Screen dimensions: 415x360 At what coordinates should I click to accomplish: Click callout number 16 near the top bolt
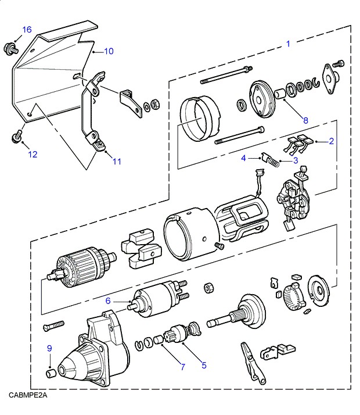(x=27, y=30)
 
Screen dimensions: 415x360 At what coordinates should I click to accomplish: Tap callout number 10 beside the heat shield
(x=109, y=51)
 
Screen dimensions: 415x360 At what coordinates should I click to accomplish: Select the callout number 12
(x=32, y=154)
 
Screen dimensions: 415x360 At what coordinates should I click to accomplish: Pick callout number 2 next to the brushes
(x=331, y=141)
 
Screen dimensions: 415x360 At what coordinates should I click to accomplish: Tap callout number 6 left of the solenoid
(x=108, y=300)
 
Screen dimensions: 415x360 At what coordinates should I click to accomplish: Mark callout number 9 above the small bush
(x=49, y=348)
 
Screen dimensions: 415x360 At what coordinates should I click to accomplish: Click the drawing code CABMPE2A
(x=27, y=395)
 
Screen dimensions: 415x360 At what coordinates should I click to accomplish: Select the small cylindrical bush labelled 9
(x=51, y=372)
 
